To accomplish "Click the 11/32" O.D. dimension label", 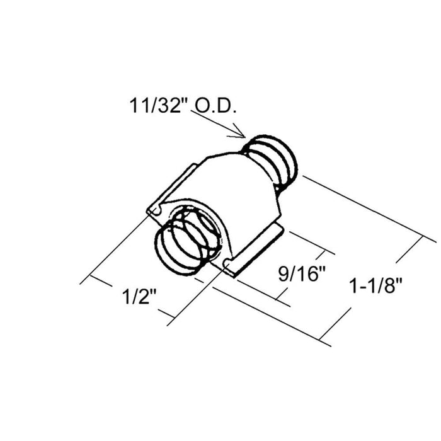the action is (183, 106).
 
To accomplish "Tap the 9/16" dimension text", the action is (302, 273).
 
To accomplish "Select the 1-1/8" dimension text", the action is (375, 285).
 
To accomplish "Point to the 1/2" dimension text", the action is (139, 297).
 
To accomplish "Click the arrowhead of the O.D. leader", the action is (241, 134).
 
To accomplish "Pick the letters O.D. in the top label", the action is (215, 106).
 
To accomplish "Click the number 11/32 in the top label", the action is (155, 106).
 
